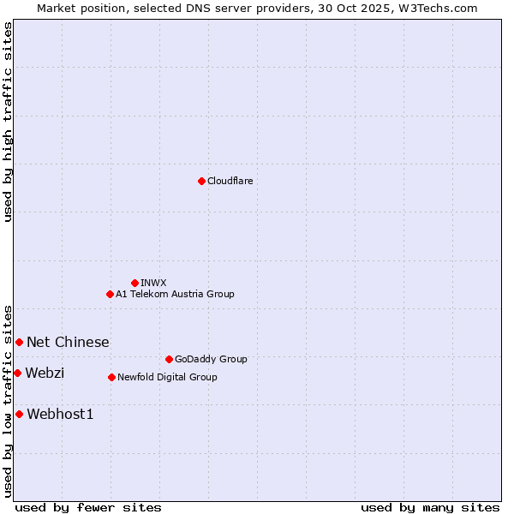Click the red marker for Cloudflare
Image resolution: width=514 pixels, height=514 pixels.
pyautogui.click(x=201, y=181)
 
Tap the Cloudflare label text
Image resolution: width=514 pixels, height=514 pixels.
pyautogui.click(x=230, y=181)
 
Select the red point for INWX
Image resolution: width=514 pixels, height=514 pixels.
pyautogui.click(x=134, y=283)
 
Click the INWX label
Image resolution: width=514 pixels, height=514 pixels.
pyautogui.click(x=153, y=283)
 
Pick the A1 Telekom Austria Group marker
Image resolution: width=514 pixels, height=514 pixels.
pyautogui.click(x=110, y=294)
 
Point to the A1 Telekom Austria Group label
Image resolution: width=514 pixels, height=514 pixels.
pyautogui.click(x=175, y=294)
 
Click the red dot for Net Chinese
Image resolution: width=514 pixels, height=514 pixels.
pyautogui.click(x=19, y=342)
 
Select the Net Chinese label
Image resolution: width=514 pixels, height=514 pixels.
pyautogui.click(x=68, y=342)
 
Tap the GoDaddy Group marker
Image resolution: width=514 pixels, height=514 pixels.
pyautogui.click(x=169, y=359)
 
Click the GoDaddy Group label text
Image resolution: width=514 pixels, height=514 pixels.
pyautogui.click(x=211, y=359)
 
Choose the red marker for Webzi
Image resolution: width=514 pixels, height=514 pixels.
pyautogui.click(x=17, y=373)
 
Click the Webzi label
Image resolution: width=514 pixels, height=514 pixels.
pyautogui.click(x=45, y=373)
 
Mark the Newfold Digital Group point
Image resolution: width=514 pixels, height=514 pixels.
pyautogui.click(x=111, y=377)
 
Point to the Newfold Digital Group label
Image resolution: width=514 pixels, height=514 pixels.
pyautogui.click(x=167, y=377)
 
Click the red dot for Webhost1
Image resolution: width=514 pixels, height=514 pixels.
pyautogui.click(x=19, y=414)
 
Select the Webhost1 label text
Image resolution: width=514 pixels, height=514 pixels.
pyautogui.click(x=60, y=415)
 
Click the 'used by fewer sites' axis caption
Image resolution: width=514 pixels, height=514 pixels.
pyautogui.click(x=88, y=507)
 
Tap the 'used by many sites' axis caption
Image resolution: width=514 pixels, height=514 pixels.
pyautogui.click(x=430, y=507)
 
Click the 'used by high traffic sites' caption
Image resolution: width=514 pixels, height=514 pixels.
pyautogui.click(x=8, y=122)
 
